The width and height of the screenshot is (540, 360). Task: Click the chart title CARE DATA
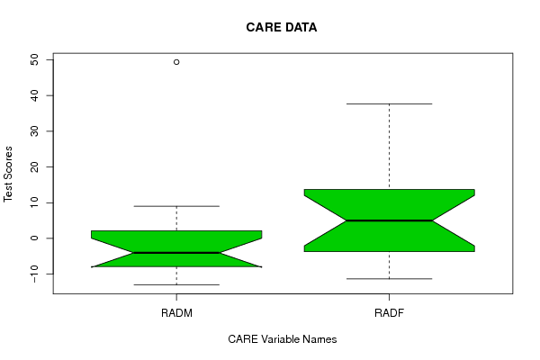pos(282,27)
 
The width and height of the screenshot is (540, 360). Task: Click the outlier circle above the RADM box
pos(176,62)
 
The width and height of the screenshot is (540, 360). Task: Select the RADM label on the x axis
pos(176,313)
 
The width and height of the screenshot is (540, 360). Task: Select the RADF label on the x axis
pos(389,313)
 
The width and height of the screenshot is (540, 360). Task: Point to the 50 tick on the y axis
pos(34,60)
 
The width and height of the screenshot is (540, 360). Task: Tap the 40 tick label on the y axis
pos(34,95)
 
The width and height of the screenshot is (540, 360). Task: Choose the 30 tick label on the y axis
pos(34,131)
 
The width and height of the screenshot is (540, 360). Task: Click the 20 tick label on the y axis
pos(34,166)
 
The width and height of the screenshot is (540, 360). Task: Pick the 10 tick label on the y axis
pos(34,202)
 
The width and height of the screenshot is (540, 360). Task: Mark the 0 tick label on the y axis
pos(34,238)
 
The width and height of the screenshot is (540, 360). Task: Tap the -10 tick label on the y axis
pos(34,274)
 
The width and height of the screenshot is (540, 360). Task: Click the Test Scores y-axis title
pos(8,174)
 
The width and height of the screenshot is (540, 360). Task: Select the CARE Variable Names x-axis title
pos(283,339)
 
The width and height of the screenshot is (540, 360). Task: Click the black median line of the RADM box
pos(176,253)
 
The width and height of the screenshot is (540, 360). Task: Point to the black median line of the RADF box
pos(389,220)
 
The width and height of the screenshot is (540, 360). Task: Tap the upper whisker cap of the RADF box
pos(389,103)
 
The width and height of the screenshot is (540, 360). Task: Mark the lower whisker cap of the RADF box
pos(389,279)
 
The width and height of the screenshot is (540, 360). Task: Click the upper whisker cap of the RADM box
pos(176,206)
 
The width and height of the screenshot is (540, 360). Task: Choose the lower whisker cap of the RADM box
pos(176,285)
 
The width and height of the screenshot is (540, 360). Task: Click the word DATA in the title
pos(301,27)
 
